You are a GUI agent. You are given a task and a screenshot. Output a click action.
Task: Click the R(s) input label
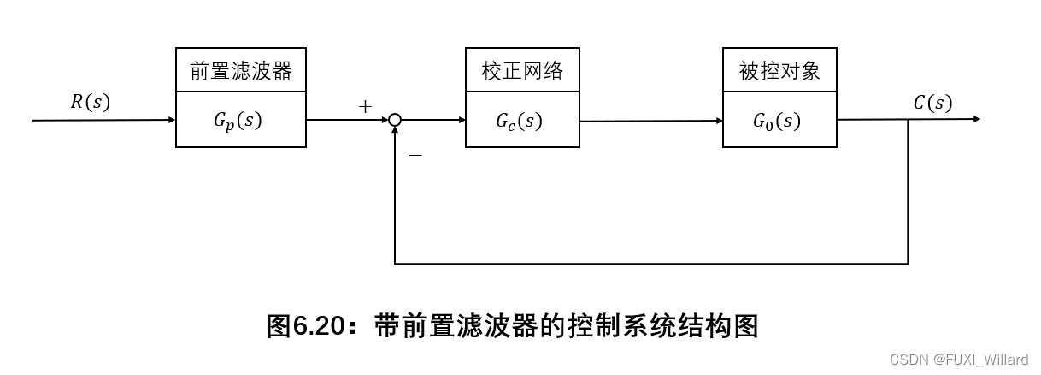point(90,102)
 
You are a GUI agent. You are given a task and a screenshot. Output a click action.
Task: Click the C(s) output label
point(932,103)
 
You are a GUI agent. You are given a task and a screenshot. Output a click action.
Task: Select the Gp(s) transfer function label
point(238,121)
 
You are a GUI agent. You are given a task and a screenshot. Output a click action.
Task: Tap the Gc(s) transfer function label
point(519,121)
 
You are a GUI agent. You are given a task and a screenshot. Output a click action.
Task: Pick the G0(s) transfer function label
point(777,121)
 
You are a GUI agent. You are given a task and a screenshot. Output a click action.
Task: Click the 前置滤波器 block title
point(241,71)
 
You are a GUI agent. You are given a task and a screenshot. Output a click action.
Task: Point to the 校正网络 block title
point(522,71)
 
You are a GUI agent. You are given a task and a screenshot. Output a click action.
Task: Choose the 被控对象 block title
point(779,71)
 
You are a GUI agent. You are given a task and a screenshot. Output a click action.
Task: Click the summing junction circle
point(395,121)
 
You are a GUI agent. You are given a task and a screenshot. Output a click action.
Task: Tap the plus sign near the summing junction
point(366,107)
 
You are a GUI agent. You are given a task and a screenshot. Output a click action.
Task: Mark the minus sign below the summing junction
point(415,155)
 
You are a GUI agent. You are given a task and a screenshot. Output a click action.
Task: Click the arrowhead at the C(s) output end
point(975,120)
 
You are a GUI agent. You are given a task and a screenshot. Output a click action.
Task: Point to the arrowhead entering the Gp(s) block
point(171,120)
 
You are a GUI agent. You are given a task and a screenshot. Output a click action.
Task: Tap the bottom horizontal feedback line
point(650,263)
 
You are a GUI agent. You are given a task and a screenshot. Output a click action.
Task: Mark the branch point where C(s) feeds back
point(908,120)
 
